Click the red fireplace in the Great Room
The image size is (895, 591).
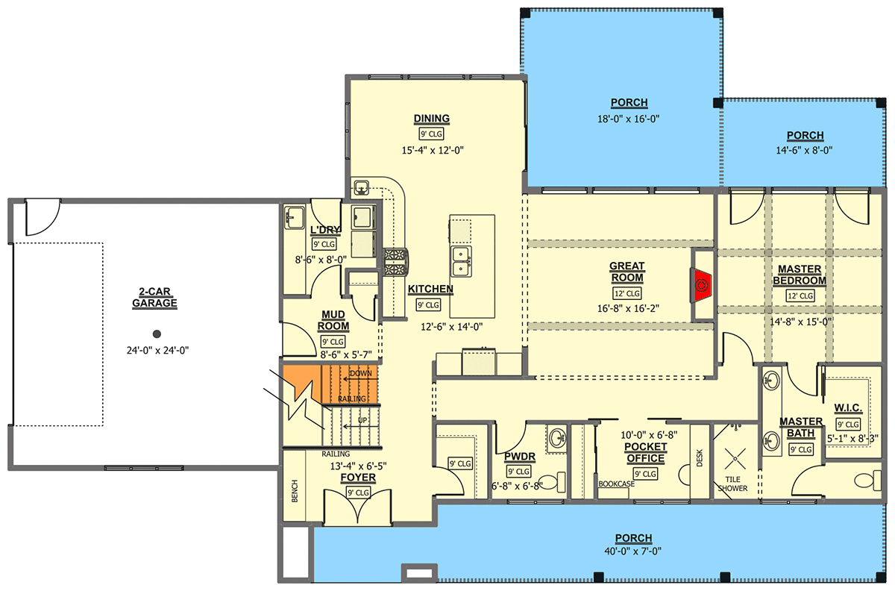point(702,284)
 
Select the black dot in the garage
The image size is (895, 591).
point(156,334)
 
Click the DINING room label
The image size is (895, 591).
point(431,119)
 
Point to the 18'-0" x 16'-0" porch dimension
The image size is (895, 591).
point(618,119)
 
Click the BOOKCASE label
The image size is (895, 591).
point(616,484)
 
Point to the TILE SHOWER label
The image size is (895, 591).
point(732,483)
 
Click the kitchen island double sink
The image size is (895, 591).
point(461,259)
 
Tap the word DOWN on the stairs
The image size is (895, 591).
point(360,372)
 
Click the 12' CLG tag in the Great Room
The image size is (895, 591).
point(626,293)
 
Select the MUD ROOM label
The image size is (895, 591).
point(333,320)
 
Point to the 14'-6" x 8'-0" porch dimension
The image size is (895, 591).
point(804,150)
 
